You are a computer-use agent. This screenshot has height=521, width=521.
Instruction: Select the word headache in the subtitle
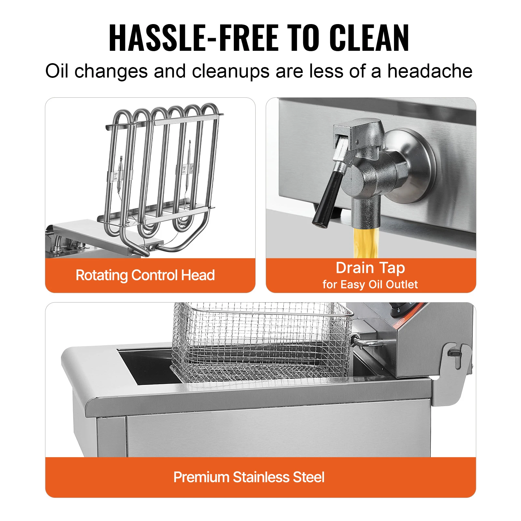point(430,71)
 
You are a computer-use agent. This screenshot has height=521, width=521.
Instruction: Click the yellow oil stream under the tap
point(366,242)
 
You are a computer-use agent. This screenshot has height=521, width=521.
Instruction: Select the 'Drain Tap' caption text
point(370,268)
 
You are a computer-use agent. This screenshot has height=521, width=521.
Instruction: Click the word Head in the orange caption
point(198,275)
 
